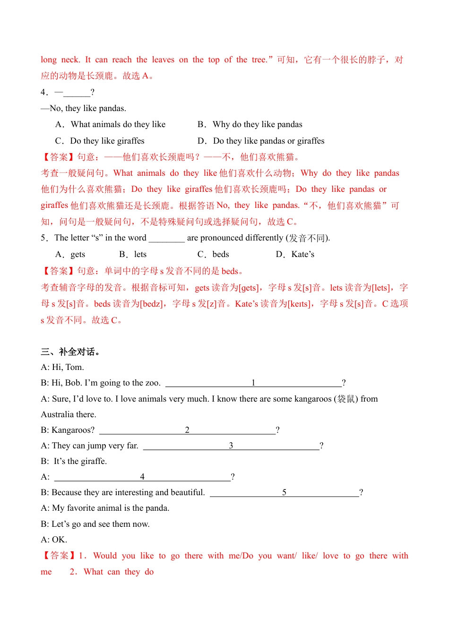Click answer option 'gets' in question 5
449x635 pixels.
78,255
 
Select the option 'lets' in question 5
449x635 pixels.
140,255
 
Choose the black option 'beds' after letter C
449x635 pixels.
221,255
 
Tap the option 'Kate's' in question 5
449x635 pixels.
302,255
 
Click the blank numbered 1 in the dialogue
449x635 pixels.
253,383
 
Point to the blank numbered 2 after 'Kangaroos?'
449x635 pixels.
187,430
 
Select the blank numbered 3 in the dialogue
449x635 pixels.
231,446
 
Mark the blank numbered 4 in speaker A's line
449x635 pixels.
142,477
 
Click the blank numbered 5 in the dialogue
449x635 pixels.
284,493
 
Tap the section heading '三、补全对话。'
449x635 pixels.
70,352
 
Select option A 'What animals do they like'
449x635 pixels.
118,125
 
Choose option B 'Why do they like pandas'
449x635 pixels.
257,125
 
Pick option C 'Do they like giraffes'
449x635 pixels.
107,141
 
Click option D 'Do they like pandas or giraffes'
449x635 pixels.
268,141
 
